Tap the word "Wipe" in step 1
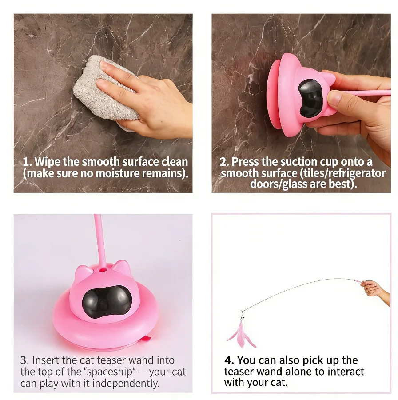click(47, 161)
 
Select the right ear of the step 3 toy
click(123, 268)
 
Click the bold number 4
click(229, 360)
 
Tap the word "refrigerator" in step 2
click(355, 173)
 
